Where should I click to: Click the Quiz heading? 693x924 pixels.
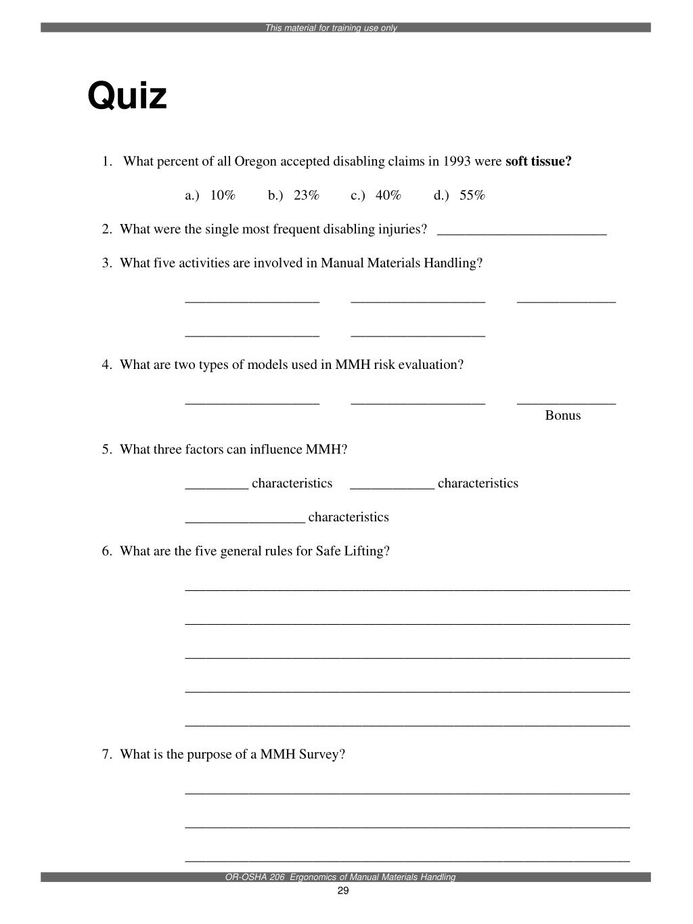[x=127, y=95]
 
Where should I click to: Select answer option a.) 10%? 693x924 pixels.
[x=210, y=196]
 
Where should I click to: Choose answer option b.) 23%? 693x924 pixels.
[x=293, y=196]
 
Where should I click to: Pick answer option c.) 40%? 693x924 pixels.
[x=376, y=196]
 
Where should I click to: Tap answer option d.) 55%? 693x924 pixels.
[x=460, y=196]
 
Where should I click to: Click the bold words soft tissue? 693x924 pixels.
[x=538, y=162]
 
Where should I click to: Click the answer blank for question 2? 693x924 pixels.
[x=522, y=234]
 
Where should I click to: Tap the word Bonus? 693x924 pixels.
[x=562, y=416]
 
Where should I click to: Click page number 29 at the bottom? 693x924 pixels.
[x=342, y=891]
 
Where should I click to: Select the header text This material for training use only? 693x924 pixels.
[x=331, y=28]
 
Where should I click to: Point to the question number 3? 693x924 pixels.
[x=106, y=263]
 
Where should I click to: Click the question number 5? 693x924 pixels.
[x=106, y=449]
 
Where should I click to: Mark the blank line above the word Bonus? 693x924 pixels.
[x=566, y=403]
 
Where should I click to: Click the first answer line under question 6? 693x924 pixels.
[x=407, y=589]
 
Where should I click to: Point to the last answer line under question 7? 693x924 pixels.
[x=407, y=860]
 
